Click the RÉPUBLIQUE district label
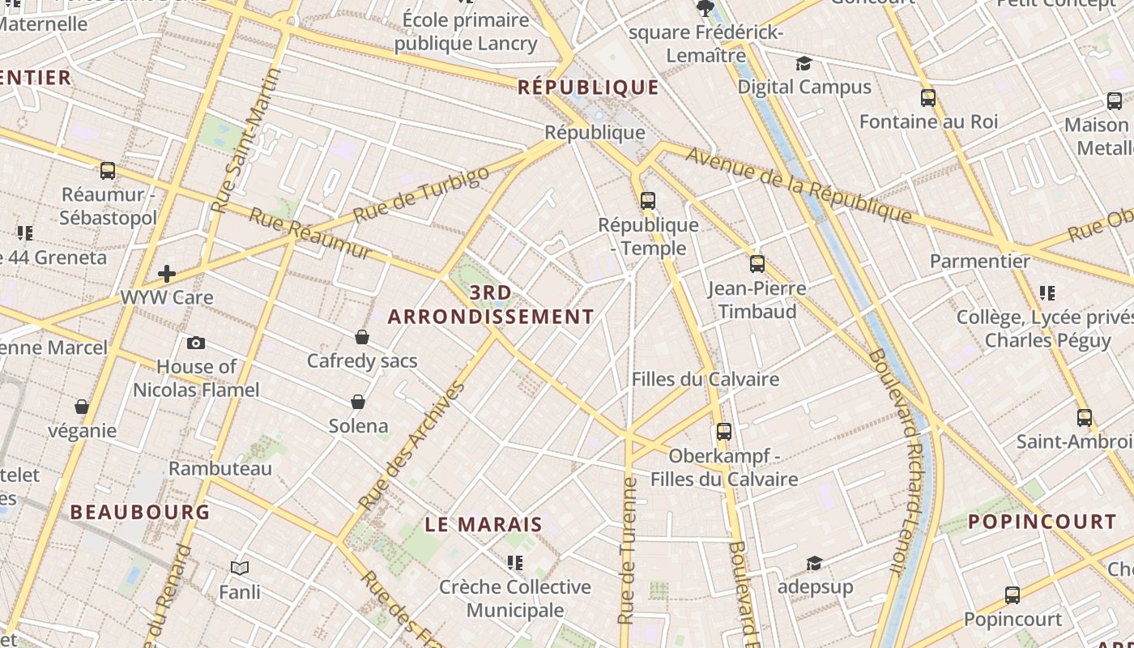click(x=588, y=87)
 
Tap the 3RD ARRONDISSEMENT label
click(x=491, y=305)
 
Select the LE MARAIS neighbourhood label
click(x=484, y=524)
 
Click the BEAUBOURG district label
click(x=140, y=512)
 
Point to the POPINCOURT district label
click(x=1042, y=522)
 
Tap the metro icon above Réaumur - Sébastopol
click(x=108, y=171)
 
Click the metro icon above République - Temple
click(x=648, y=200)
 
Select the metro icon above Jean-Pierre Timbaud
click(x=757, y=263)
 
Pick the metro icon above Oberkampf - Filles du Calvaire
click(x=724, y=431)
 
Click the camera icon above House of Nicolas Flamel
click(x=195, y=343)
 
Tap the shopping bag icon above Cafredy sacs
click(x=362, y=336)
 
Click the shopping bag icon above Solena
click(x=358, y=401)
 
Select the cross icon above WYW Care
click(x=167, y=274)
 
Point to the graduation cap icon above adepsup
click(x=815, y=563)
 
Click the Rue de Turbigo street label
click(x=421, y=194)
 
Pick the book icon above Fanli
click(x=240, y=568)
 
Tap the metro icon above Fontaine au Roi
click(x=928, y=98)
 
